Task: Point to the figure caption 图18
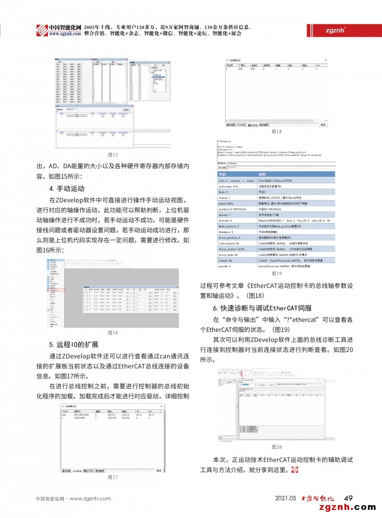coord(276,131)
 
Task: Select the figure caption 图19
coord(276,274)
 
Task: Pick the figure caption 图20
coord(276,447)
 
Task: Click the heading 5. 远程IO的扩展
coord(74,345)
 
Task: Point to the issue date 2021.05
coord(286,498)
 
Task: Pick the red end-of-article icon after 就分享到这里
coord(294,470)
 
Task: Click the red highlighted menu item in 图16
coord(57,290)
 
